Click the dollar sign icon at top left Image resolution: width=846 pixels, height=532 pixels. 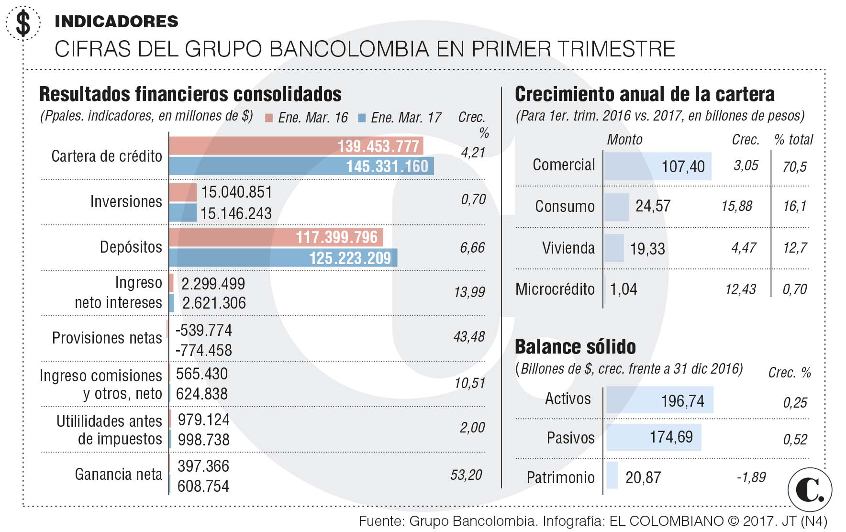(x=23, y=23)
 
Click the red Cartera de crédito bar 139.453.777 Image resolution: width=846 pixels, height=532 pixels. (x=296, y=145)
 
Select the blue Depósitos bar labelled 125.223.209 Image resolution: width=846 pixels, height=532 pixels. (x=283, y=258)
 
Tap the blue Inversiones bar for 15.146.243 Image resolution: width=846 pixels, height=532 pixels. (x=183, y=213)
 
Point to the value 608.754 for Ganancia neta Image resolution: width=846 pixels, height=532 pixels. (x=203, y=486)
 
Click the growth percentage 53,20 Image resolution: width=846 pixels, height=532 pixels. (x=466, y=475)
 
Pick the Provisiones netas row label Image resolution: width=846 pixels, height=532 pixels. (x=107, y=338)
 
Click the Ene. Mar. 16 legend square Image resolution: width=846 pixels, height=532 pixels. (x=269, y=118)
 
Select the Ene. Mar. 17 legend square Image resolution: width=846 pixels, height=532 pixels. (x=362, y=118)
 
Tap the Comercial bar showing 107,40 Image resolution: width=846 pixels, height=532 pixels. (x=657, y=166)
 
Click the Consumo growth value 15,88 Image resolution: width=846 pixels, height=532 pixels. (x=736, y=206)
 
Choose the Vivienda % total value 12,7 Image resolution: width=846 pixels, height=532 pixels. (x=794, y=248)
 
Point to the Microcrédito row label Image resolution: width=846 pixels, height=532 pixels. (x=555, y=289)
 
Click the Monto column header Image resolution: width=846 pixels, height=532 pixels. (x=624, y=140)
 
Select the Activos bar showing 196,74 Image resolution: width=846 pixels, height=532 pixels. (x=659, y=400)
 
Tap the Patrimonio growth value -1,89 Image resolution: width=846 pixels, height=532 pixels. (x=751, y=477)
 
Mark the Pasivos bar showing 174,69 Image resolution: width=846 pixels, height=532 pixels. (x=653, y=437)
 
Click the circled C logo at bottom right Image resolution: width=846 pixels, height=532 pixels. (x=810, y=490)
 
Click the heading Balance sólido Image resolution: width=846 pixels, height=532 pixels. (x=575, y=346)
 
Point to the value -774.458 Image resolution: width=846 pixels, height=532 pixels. (x=203, y=350)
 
